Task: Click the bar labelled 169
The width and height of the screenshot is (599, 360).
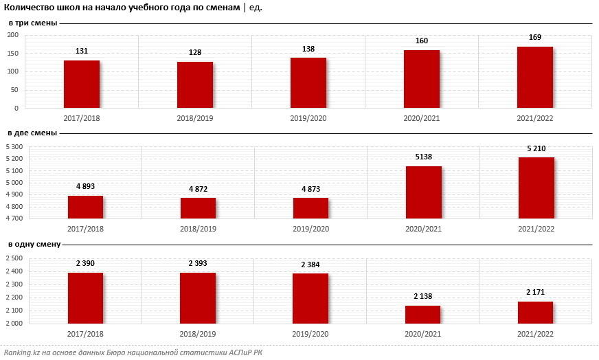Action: click(x=535, y=77)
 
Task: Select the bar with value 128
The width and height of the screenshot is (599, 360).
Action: click(x=195, y=85)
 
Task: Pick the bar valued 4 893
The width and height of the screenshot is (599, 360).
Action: click(x=85, y=207)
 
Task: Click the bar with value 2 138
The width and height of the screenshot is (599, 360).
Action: click(x=422, y=314)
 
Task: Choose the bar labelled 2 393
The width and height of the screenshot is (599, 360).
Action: click(x=198, y=297)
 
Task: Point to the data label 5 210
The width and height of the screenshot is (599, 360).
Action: click(x=536, y=148)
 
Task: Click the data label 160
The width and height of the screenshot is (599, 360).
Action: click(x=422, y=41)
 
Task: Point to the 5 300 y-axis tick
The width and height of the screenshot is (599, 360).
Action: click(x=15, y=147)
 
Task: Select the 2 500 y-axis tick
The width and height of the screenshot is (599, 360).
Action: click(x=15, y=258)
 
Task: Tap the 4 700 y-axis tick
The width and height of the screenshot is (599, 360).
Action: click(x=15, y=218)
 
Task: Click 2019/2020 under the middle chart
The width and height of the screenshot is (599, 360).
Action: click(x=310, y=229)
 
